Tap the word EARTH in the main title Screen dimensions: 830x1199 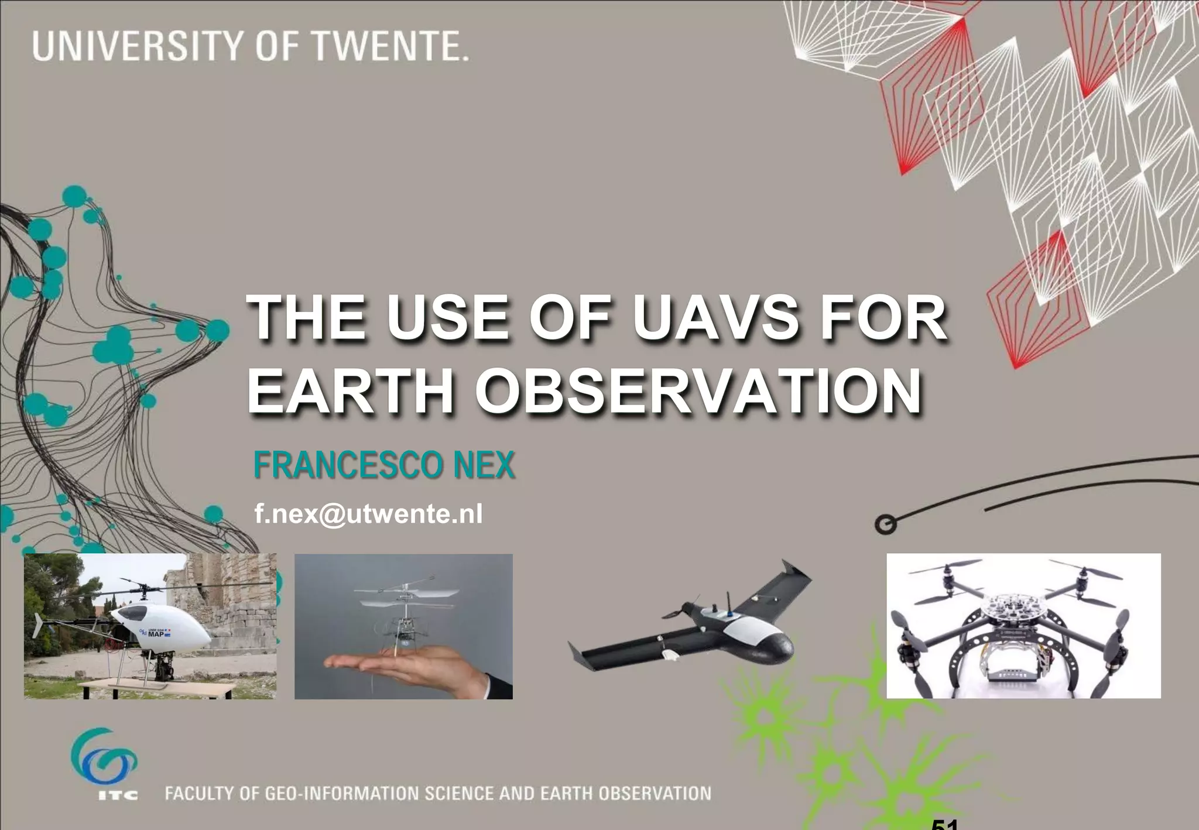pyautogui.click(x=351, y=391)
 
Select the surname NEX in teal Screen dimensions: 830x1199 pyautogui.click(x=484, y=465)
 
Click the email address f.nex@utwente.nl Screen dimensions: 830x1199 pyautogui.click(x=368, y=514)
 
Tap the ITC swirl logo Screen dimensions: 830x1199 pyautogui.click(x=104, y=759)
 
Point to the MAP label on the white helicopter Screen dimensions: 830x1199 pyautogui.click(x=156, y=634)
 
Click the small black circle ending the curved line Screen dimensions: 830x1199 pyautogui.click(x=885, y=524)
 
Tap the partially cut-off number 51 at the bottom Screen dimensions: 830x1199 pyautogui.click(x=944, y=824)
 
